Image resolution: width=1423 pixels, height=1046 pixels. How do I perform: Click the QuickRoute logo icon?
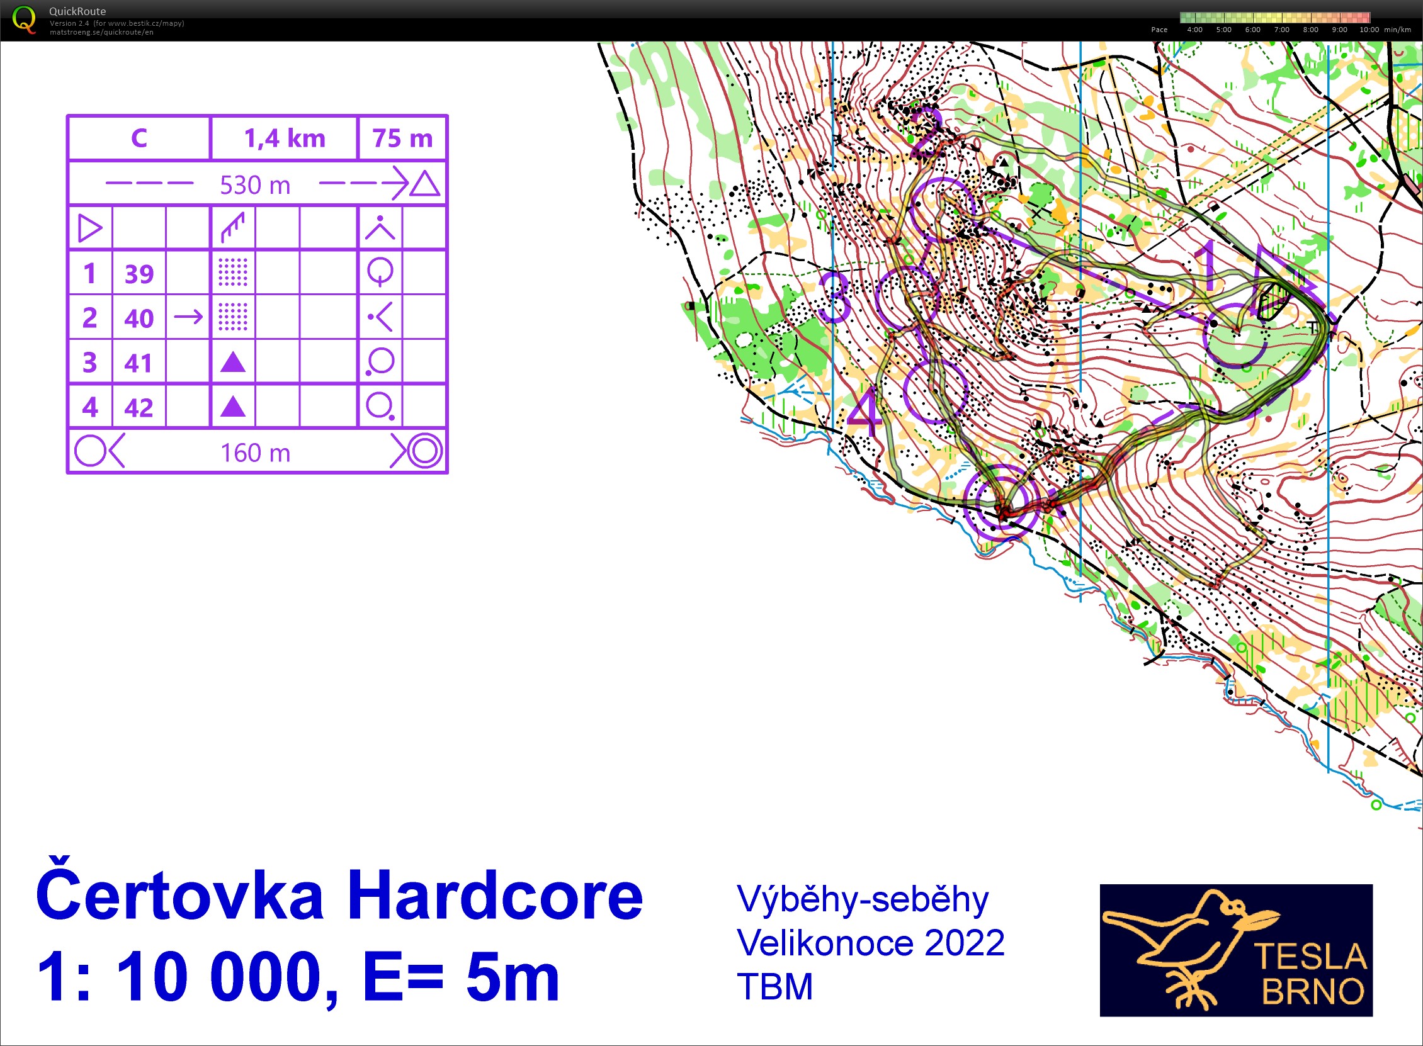pyautogui.click(x=24, y=19)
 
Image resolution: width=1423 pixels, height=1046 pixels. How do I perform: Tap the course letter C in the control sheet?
pyautogui.click(x=139, y=138)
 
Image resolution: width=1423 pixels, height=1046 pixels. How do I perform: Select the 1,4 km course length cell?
pyautogui.click(x=285, y=138)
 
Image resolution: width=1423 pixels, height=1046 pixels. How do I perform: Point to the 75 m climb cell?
pyautogui.click(x=402, y=138)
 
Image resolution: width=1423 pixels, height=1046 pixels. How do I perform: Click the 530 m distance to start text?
pyautogui.click(x=254, y=185)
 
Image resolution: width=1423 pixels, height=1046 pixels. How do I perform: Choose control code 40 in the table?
pyautogui.click(x=139, y=318)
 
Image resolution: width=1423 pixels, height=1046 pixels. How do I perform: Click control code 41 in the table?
pyautogui.click(x=139, y=363)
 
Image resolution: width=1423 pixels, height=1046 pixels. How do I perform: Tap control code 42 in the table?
pyautogui.click(x=139, y=408)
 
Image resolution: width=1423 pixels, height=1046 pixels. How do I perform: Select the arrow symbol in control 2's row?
pyautogui.click(x=188, y=317)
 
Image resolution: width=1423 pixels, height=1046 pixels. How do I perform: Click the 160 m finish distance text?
pyautogui.click(x=255, y=453)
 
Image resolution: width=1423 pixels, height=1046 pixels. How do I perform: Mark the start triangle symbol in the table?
pyautogui.click(x=89, y=228)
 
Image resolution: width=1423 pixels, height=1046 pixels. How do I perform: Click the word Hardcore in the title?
pyautogui.click(x=495, y=896)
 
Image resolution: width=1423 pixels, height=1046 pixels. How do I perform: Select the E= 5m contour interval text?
pyautogui.click(x=461, y=976)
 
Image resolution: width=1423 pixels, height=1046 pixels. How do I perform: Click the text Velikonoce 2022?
pyautogui.click(x=870, y=943)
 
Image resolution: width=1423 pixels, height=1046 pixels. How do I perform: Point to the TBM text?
pyautogui.click(x=774, y=986)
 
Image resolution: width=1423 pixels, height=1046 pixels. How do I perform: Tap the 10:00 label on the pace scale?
pyautogui.click(x=1369, y=30)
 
